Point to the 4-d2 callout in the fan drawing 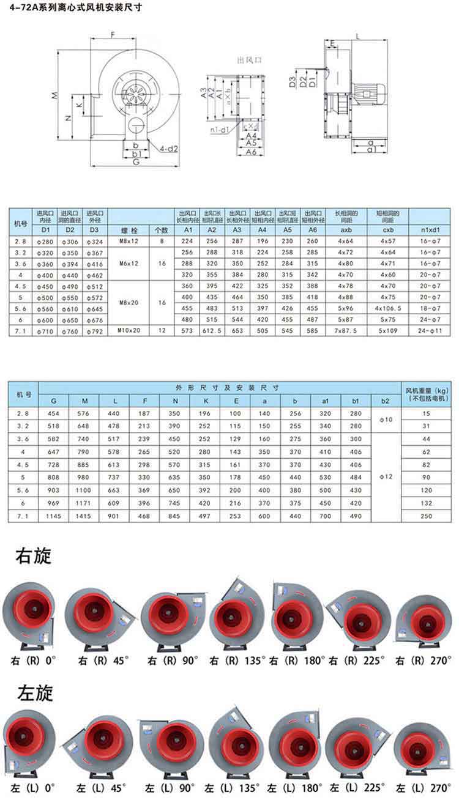[x=168, y=148]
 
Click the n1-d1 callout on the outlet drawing [x=218, y=130]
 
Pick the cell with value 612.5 [x=212, y=330]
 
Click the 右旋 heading [x=33, y=556]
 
